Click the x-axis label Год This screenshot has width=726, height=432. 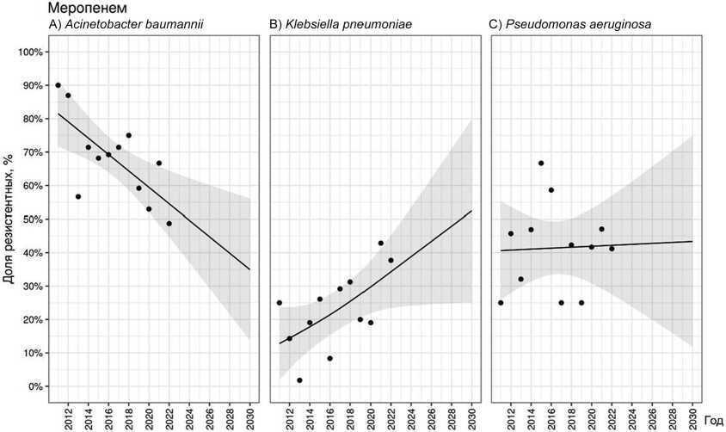pyautogui.click(x=712, y=417)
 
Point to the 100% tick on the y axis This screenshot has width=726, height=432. pyautogui.click(x=29, y=52)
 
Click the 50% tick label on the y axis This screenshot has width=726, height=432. pyautogui.click(x=31, y=219)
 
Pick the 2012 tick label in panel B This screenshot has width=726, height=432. pyautogui.click(x=290, y=416)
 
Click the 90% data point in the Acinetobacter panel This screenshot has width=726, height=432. pyautogui.click(x=58, y=85)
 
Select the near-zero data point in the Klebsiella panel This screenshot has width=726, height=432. pyautogui.click(x=299, y=380)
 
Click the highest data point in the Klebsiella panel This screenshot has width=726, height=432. pyautogui.click(x=381, y=244)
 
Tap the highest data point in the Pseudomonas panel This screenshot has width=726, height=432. pyautogui.click(x=541, y=164)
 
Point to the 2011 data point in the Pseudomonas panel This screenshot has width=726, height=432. pyautogui.click(x=501, y=303)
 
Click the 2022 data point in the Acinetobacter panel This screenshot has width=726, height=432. pyautogui.click(x=169, y=224)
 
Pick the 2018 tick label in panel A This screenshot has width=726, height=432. pyautogui.click(x=128, y=416)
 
